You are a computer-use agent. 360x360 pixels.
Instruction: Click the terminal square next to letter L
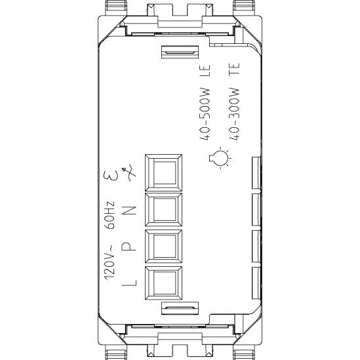pos(164,283)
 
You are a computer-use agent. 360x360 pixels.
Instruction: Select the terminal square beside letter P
pos(164,246)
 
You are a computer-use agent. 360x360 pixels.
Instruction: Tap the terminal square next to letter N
pos(164,210)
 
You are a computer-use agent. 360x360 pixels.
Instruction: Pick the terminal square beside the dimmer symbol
pos(164,172)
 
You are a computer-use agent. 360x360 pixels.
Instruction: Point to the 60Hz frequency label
pos(110,215)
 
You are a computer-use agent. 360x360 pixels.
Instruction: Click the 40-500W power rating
pos(205,114)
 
